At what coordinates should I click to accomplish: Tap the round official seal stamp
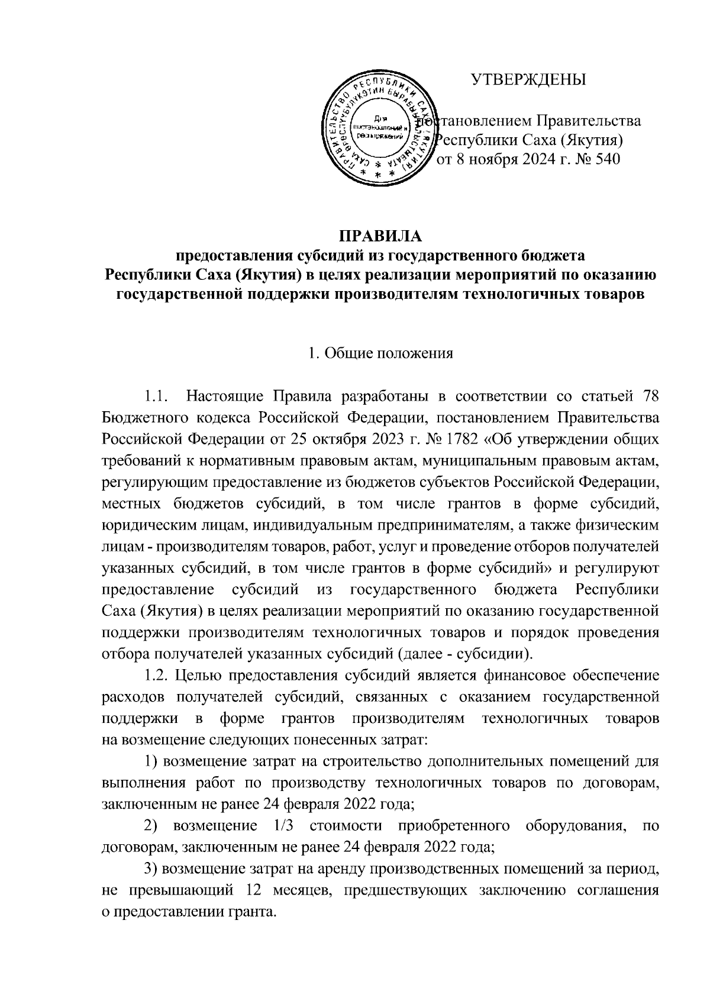(x=380, y=128)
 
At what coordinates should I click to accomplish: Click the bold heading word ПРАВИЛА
(x=380, y=237)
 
